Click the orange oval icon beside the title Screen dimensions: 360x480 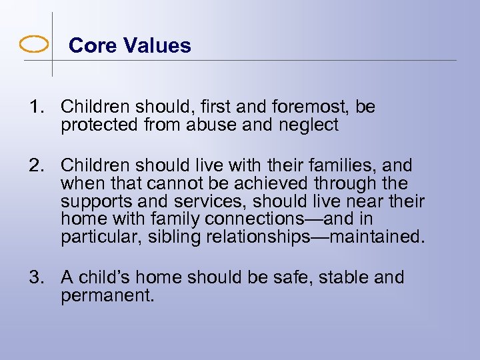coord(34,45)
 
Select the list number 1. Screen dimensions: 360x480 coord(34,107)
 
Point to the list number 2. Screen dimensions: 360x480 coord(35,165)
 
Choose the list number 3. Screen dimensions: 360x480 coord(35,277)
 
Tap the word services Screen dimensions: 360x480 coord(211,201)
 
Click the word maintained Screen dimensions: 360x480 coord(375,237)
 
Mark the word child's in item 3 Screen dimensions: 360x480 coord(105,277)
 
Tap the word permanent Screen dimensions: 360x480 coord(107,295)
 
